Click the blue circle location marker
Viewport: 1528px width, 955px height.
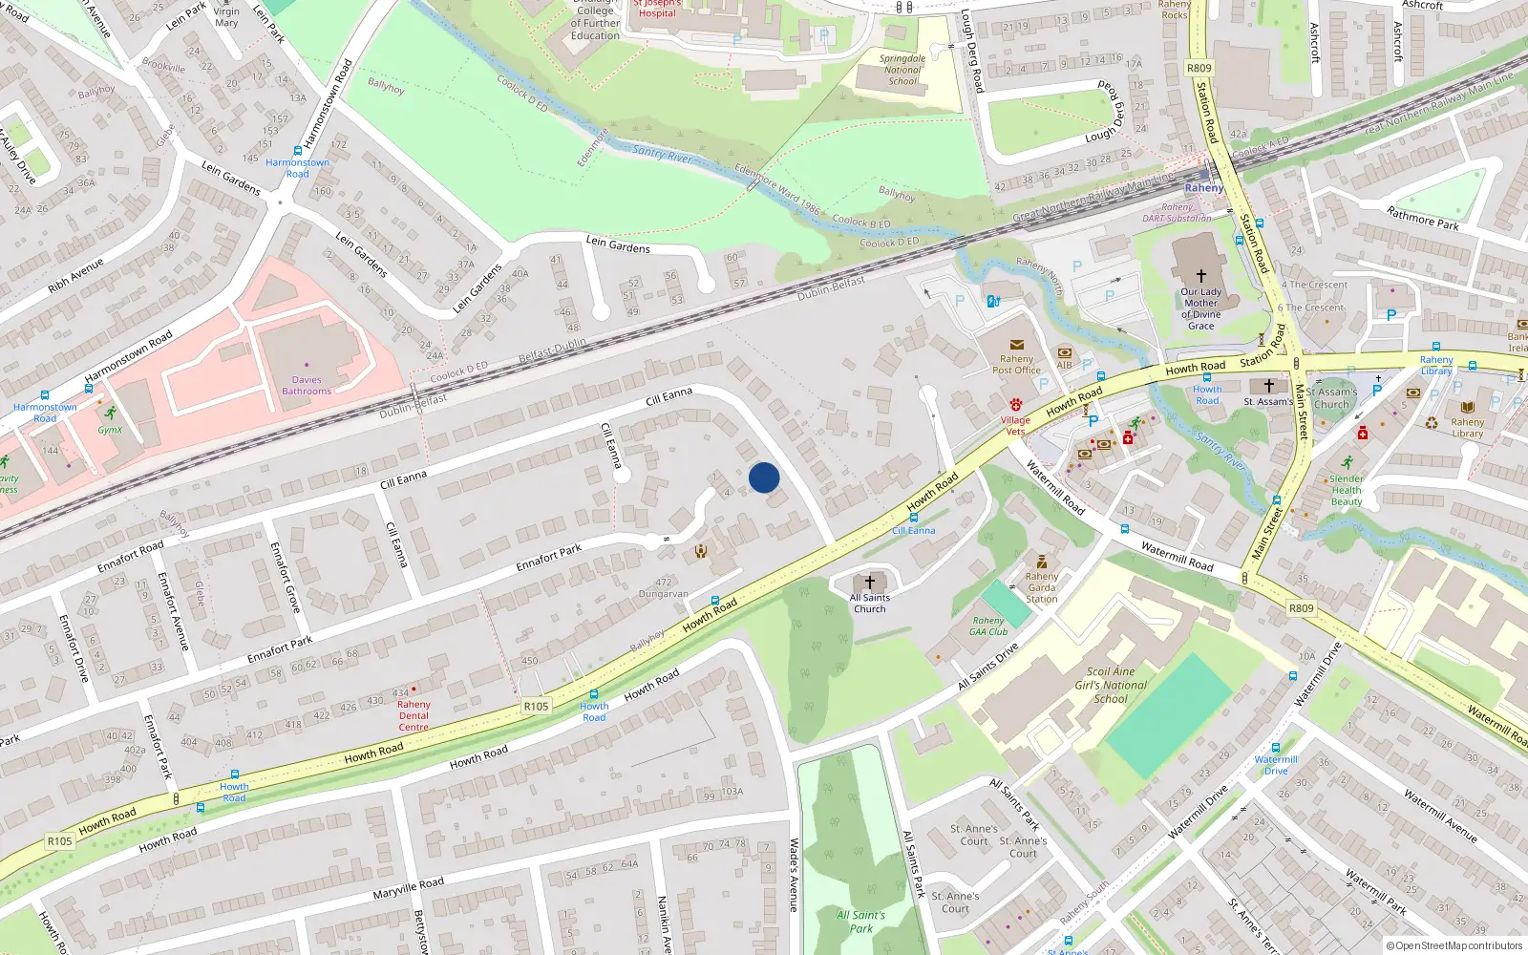(x=764, y=477)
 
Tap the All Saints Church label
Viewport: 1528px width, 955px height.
(x=869, y=604)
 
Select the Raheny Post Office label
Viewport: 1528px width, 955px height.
(x=1016, y=364)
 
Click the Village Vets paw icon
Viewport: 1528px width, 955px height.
(x=1015, y=405)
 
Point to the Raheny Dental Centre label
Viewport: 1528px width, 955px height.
(x=414, y=715)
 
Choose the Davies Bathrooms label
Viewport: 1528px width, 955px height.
(x=307, y=386)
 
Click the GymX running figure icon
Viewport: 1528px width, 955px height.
(x=111, y=414)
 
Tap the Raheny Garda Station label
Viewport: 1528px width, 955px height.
(x=1041, y=587)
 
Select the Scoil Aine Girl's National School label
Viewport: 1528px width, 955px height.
(x=1111, y=685)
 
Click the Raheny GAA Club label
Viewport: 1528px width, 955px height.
(x=988, y=626)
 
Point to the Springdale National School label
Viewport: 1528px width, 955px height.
(x=902, y=70)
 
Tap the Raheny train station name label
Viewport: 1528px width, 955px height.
(x=1203, y=188)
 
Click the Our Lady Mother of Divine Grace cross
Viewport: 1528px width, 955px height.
(x=1200, y=276)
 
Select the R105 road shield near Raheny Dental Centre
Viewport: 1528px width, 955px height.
(x=536, y=707)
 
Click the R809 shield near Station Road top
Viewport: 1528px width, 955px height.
(x=1199, y=68)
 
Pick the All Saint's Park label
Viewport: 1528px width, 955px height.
(x=860, y=922)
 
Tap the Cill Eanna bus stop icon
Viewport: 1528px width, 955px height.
(x=913, y=518)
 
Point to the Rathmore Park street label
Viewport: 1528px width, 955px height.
(x=1422, y=219)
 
